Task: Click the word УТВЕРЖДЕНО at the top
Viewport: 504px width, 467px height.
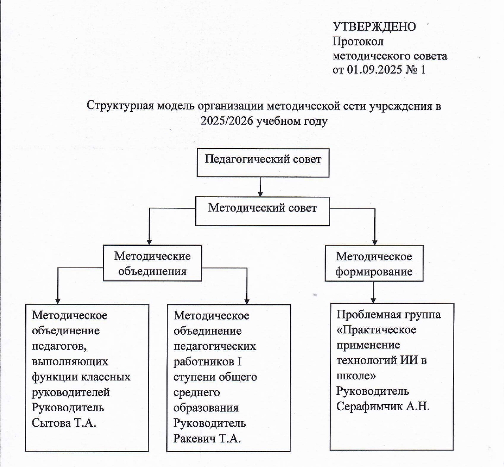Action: [x=374, y=26]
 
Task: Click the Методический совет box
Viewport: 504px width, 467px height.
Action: [x=262, y=211]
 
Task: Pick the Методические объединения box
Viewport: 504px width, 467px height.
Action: [x=152, y=263]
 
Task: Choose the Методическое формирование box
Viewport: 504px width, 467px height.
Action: [x=374, y=264]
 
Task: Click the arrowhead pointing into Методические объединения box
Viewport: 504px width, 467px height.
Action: [x=149, y=241]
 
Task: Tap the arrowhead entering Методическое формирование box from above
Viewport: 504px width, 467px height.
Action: [x=374, y=242]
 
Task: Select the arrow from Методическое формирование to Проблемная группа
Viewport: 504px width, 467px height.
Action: [x=374, y=292]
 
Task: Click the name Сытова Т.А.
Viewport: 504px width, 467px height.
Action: [x=64, y=423]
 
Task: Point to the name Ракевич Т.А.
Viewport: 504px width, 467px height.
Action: [x=207, y=438]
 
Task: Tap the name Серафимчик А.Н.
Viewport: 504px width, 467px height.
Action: [x=383, y=406]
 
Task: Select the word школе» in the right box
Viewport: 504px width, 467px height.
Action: [x=356, y=376]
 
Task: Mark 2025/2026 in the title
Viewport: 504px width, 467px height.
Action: [x=227, y=121]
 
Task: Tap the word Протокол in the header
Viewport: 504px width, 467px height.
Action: [x=358, y=41]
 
